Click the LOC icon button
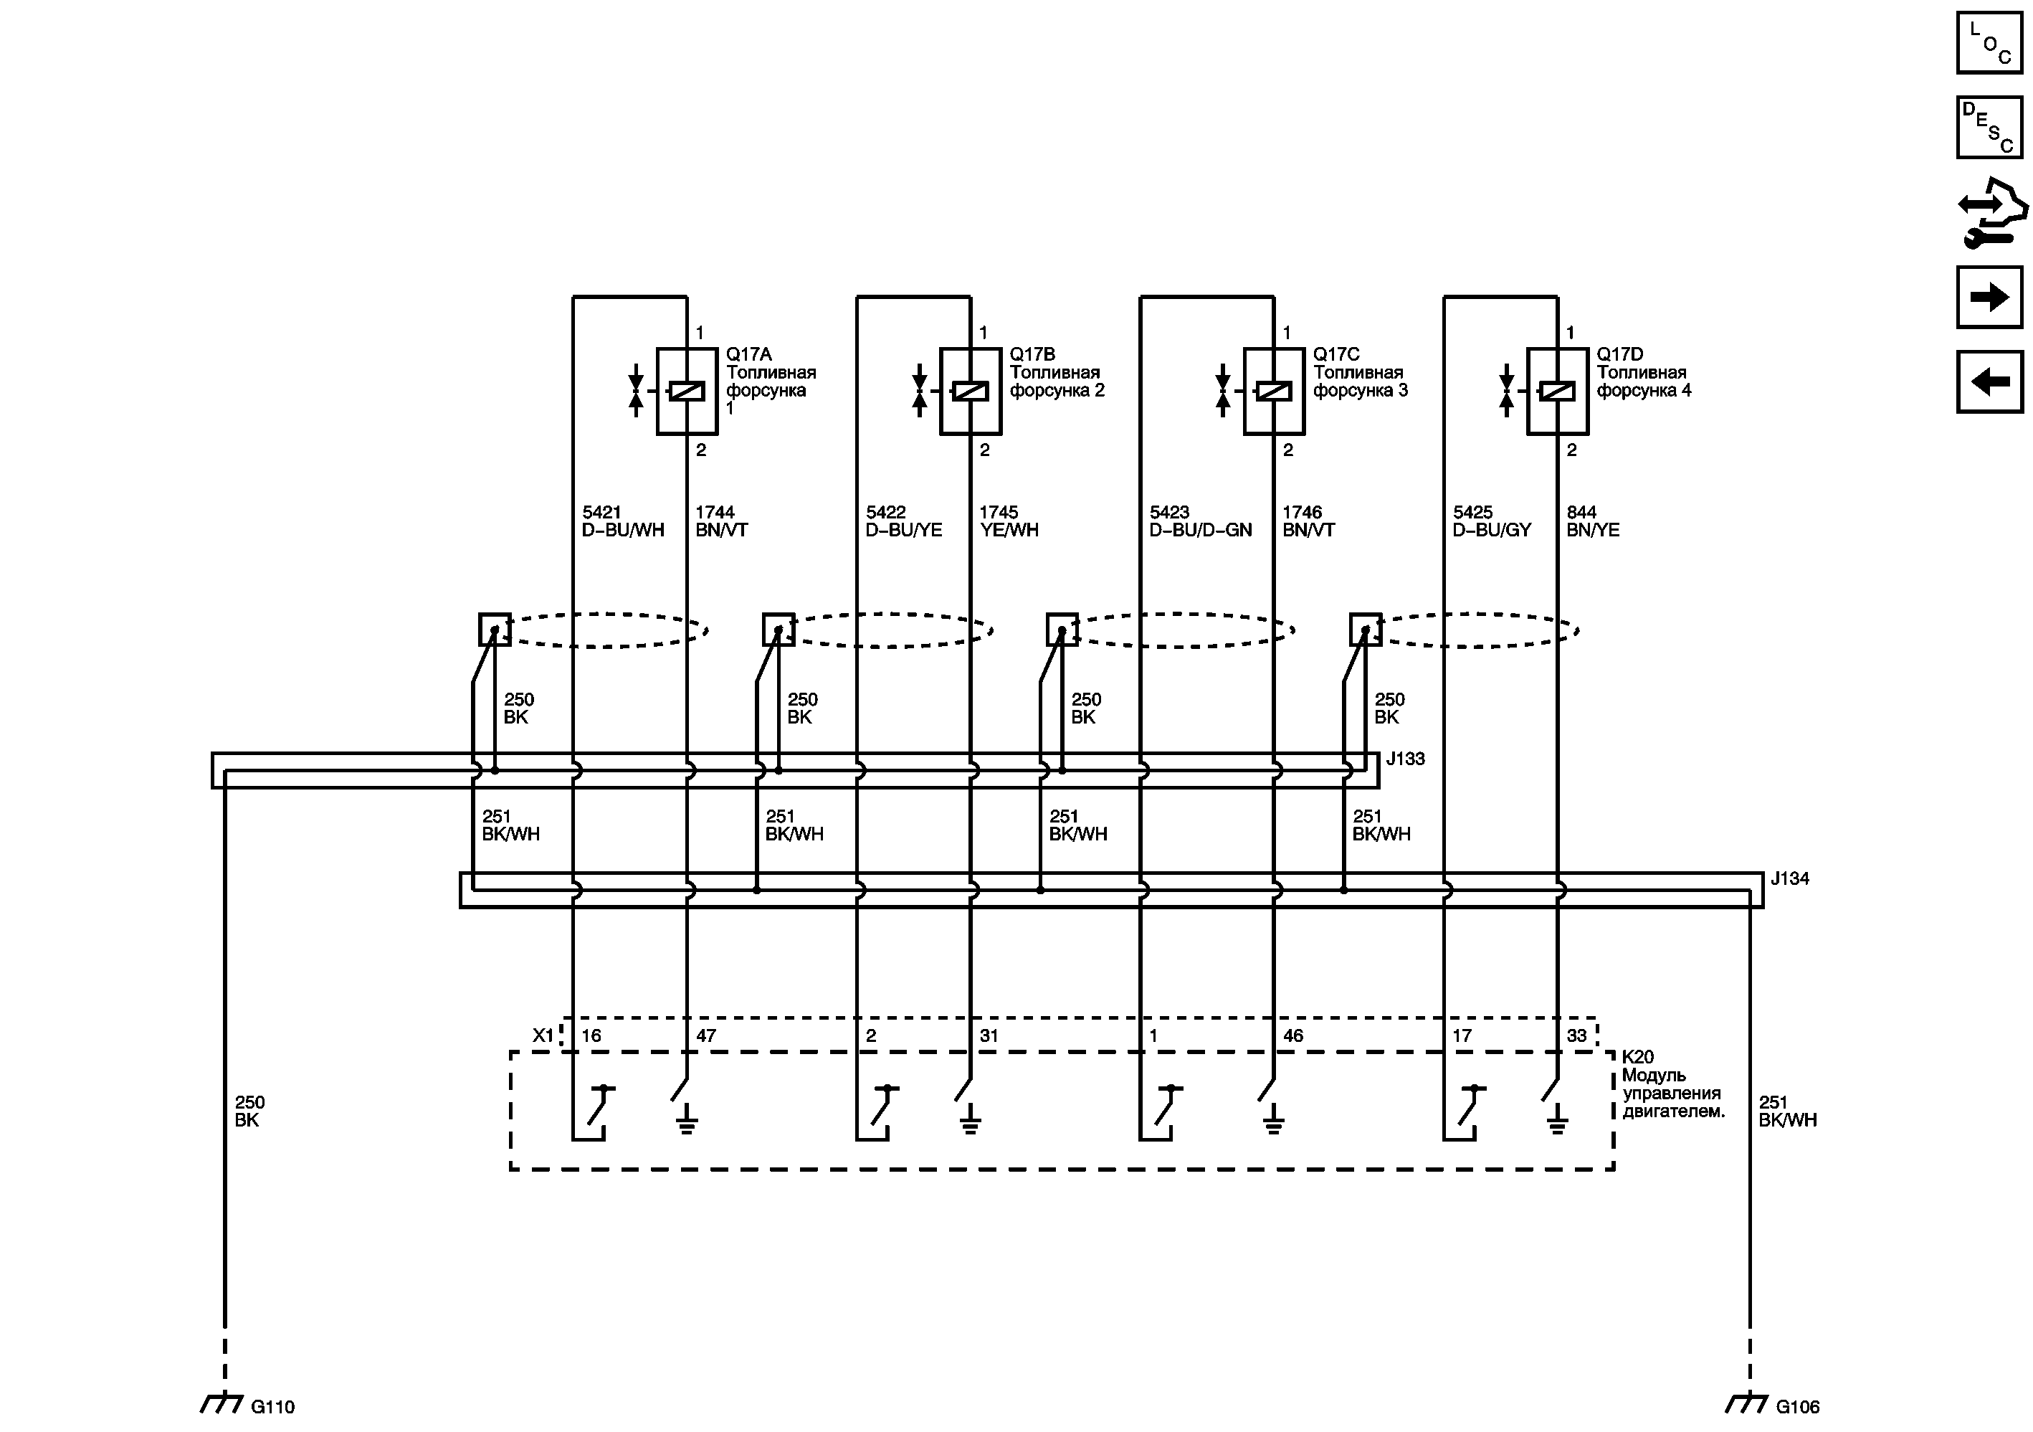coord(1989,42)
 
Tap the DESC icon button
coord(1989,128)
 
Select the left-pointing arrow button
coord(1989,381)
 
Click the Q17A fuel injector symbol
coord(686,391)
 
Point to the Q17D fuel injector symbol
coord(1556,391)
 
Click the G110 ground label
coord(272,1406)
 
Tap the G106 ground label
coord(1797,1406)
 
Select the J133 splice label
coord(1405,759)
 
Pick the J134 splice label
coord(1789,878)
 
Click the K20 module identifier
coord(1637,1056)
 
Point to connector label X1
coord(543,1035)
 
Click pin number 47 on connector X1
coord(705,1035)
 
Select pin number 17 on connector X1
coord(1462,1035)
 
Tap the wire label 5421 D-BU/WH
coord(622,521)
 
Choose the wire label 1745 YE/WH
coord(1009,521)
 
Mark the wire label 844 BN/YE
coord(1592,521)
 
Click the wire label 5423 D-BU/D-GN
coord(1200,521)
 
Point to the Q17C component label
coord(1336,354)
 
